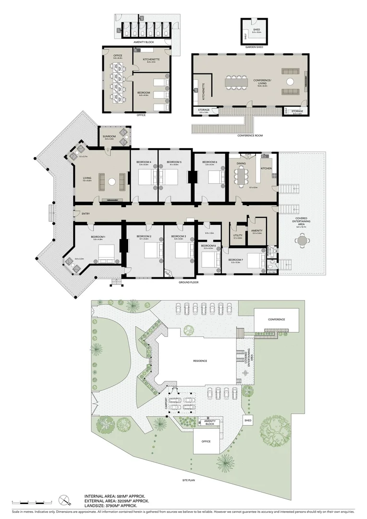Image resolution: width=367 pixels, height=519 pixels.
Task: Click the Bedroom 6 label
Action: tap(209, 162)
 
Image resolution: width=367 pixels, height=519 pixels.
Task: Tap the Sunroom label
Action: tap(109, 137)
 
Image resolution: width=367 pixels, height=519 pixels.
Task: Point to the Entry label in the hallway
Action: tap(86, 213)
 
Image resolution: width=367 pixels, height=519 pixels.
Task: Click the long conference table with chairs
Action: tap(235, 82)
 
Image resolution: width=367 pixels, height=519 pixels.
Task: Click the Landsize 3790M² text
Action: tap(111, 505)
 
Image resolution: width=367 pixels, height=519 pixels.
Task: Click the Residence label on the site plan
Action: tap(200, 360)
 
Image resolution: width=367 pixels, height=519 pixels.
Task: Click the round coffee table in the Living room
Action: tap(111, 181)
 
